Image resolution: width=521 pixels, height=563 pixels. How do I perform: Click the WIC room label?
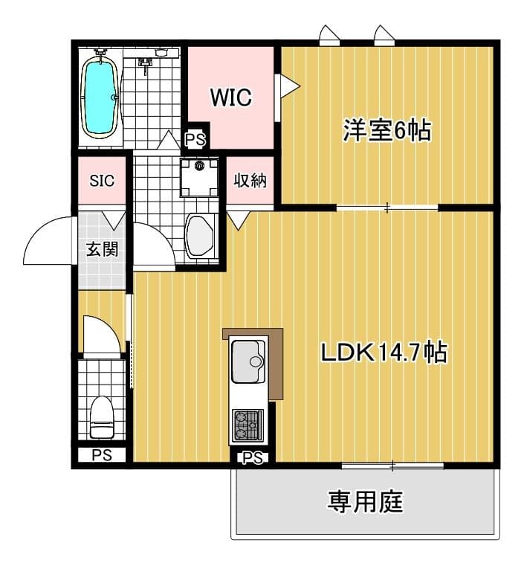click(x=230, y=97)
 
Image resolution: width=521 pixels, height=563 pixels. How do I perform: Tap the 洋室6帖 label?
click(x=387, y=130)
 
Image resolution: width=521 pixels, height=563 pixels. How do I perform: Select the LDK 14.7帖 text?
click(x=384, y=353)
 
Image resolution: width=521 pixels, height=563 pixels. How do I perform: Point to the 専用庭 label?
click(x=365, y=501)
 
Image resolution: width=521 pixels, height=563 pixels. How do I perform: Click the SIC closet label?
click(x=102, y=181)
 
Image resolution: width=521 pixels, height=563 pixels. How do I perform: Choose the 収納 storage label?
click(x=250, y=180)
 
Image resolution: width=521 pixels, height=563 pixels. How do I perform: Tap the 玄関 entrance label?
click(x=103, y=249)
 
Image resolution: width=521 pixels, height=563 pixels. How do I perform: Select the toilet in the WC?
click(x=102, y=417)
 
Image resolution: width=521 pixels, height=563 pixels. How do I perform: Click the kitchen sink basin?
click(x=248, y=361)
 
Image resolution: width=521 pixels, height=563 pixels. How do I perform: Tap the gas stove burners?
click(x=247, y=425)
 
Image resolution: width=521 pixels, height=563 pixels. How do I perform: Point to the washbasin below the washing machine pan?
click(x=200, y=236)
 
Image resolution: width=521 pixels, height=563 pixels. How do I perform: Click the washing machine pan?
click(x=199, y=177)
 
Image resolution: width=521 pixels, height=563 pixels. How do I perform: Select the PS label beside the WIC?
click(x=195, y=139)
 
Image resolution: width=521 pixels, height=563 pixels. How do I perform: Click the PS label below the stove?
click(x=253, y=458)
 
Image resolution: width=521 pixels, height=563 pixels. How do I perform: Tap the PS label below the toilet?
click(x=102, y=455)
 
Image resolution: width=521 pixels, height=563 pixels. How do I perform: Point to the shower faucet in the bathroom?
click(x=145, y=65)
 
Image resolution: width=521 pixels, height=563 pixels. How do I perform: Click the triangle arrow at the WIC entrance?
click(x=289, y=86)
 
